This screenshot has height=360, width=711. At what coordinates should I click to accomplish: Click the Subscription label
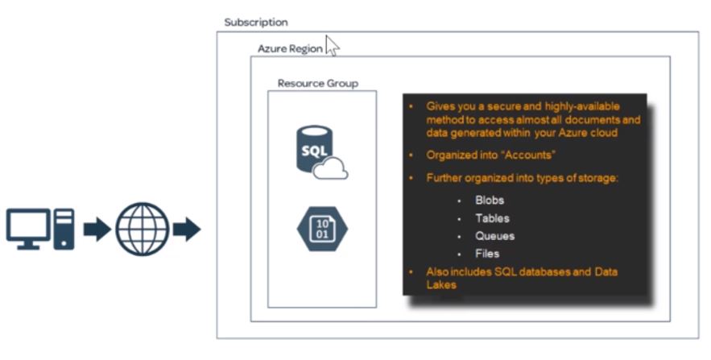[x=255, y=23]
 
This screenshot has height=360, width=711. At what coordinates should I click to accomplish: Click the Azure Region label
[x=290, y=48]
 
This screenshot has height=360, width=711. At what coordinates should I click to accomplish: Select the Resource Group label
[x=318, y=83]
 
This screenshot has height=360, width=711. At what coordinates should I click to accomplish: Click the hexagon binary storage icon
[x=320, y=230]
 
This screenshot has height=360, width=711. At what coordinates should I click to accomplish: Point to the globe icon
[x=142, y=230]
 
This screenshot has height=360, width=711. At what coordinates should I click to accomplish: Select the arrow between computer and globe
[x=97, y=230]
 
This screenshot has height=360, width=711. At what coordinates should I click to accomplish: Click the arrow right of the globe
[x=187, y=230]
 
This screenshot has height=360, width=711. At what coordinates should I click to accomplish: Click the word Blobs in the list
[x=490, y=201]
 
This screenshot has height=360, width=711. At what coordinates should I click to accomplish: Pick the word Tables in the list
[x=492, y=218]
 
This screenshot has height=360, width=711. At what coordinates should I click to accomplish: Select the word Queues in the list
[x=494, y=236]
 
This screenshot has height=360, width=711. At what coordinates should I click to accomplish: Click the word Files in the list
[x=487, y=254]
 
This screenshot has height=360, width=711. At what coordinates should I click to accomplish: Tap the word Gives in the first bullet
[x=440, y=106]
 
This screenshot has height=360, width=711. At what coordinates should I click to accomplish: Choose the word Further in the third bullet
[x=445, y=178]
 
